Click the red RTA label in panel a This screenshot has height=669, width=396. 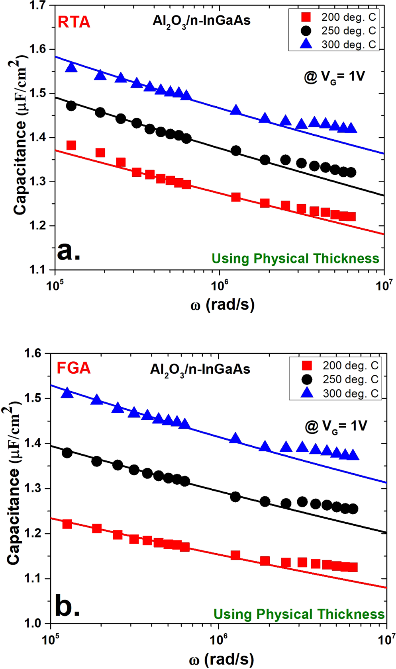(x=74, y=22)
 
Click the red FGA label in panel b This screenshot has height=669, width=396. (x=74, y=368)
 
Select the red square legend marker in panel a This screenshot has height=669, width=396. (x=306, y=17)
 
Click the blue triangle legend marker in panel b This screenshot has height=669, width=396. (x=307, y=393)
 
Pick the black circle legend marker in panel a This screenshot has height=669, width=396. (x=306, y=31)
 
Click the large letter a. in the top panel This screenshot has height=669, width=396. (x=69, y=252)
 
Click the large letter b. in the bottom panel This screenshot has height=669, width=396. (x=67, y=607)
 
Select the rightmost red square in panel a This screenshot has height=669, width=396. (x=351, y=216)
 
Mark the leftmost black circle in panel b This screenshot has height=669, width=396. (x=67, y=453)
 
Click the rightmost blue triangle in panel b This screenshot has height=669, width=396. (x=353, y=455)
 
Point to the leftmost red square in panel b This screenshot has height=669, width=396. (x=67, y=524)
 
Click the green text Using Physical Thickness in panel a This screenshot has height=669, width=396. (x=295, y=259)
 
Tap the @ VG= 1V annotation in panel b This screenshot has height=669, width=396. (x=336, y=426)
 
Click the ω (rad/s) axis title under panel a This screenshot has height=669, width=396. (x=222, y=305)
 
